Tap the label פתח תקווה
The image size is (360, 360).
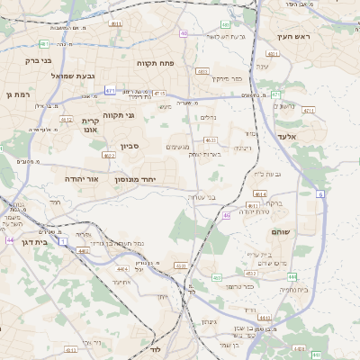pos(160,64)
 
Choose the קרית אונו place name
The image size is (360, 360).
pos(90,125)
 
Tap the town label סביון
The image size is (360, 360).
pos(130,146)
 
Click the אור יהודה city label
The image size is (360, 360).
pos(81,179)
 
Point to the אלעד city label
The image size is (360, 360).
pos(311,136)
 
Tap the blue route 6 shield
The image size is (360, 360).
pos(321,193)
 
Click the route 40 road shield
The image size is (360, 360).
pos(184,33)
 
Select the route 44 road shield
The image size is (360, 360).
pos(9,240)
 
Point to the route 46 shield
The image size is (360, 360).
pos(227,216)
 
